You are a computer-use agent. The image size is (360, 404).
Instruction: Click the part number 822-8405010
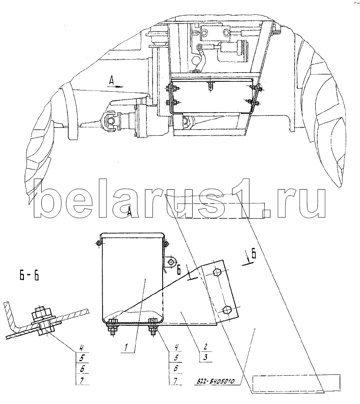coord(213,381)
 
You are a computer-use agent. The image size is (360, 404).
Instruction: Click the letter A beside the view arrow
coord(112,80)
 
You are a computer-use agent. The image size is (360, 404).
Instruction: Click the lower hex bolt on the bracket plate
coord(226,310)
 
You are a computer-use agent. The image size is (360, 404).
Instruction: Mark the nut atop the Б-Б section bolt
coord(40,312)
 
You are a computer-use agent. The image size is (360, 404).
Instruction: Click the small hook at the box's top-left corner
coord(99,244)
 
